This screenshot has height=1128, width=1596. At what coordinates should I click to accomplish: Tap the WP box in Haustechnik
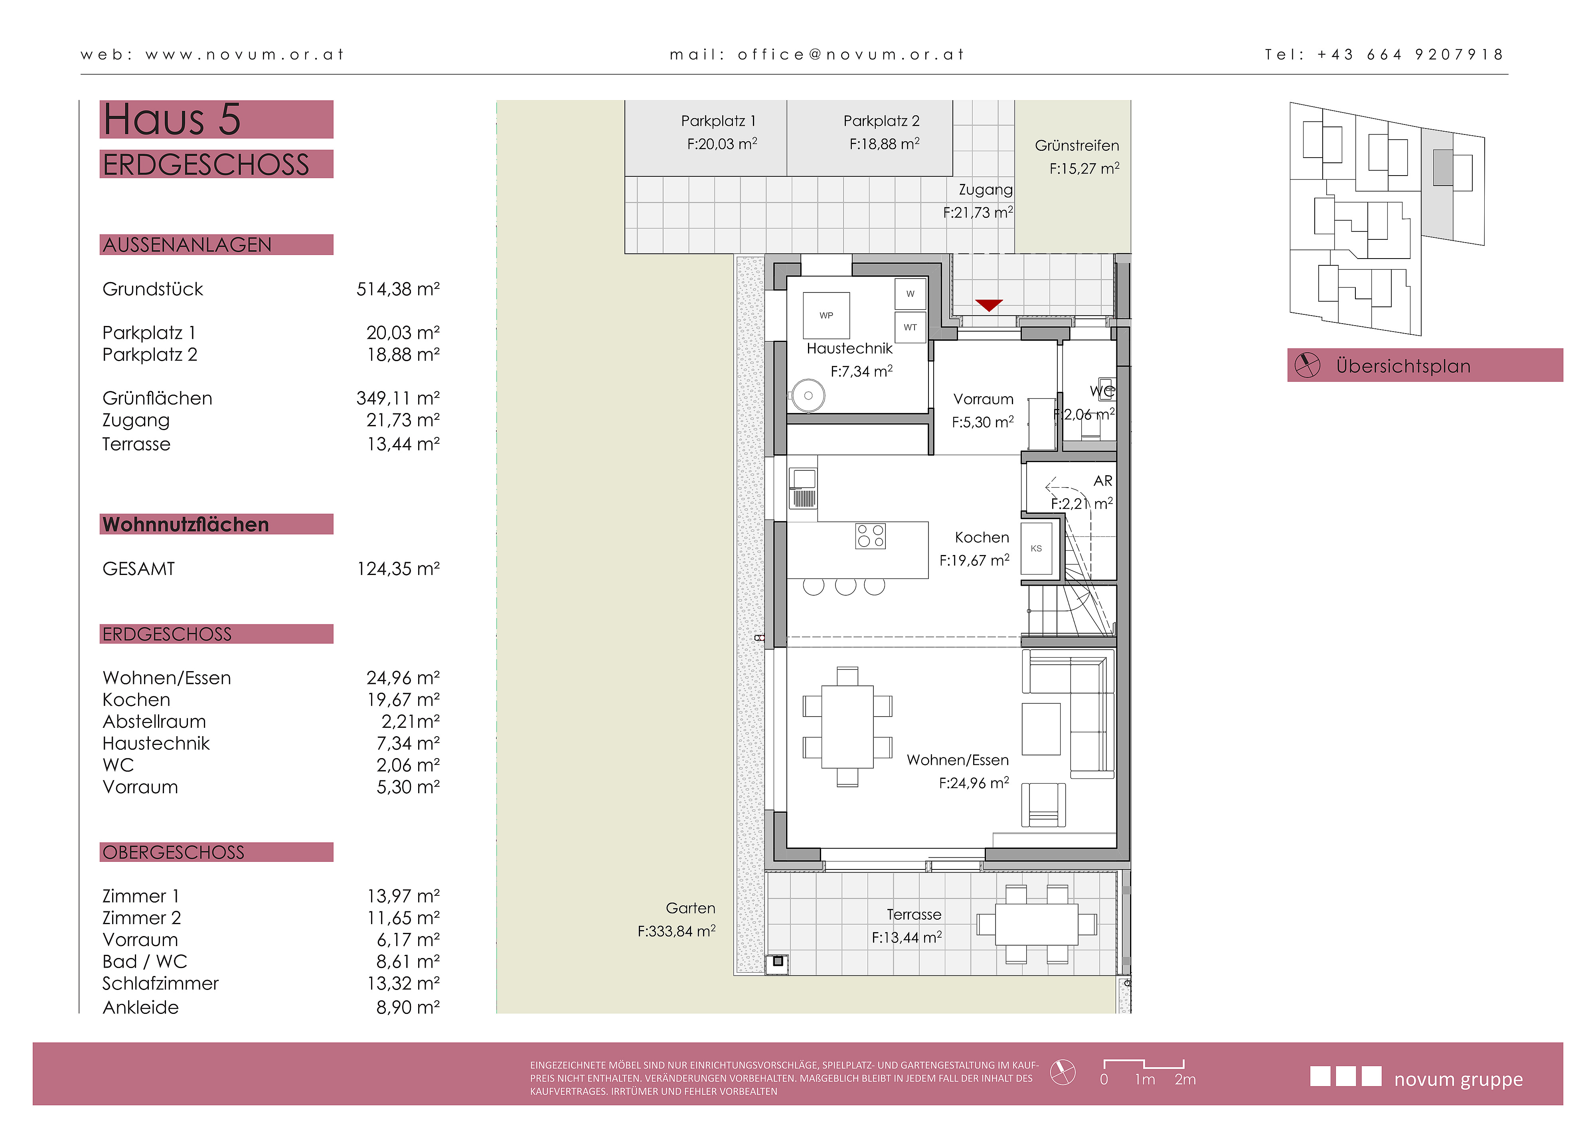tap(826, 316)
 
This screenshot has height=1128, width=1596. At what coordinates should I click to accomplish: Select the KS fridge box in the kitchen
tap(1037, 548)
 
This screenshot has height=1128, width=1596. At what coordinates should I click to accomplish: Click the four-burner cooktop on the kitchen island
tap(870, 536)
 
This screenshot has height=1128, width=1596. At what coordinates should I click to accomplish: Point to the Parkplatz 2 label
tap(881, 121)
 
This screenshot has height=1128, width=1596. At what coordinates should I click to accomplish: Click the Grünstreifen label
tap(1077, 145)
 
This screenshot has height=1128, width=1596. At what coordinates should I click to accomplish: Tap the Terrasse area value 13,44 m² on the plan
tap(907, 938)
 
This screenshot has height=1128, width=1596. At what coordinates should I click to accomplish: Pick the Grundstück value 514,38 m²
tap(398, 289)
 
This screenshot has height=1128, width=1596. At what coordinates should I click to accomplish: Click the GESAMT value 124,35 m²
tap(398, 569)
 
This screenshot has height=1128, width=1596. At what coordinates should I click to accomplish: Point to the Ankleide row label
tap(140, 1007)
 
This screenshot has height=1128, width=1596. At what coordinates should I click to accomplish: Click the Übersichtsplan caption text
tap(1403, 366)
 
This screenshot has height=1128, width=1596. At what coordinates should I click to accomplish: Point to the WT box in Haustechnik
tap(910, 327)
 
